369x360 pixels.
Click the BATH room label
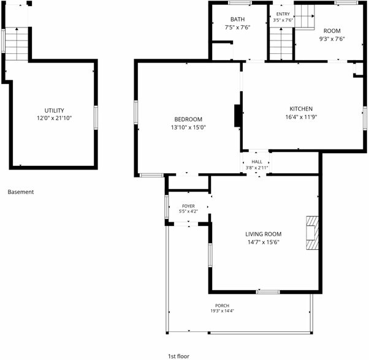(237, 19)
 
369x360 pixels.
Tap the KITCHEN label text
(301, 109)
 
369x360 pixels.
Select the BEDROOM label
(188, 119)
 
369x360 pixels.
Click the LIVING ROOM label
(264, 234)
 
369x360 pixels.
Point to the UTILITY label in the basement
(54, 110)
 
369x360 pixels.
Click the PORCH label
(222, 306)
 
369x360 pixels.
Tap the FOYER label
(188, 206)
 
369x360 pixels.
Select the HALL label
(257, 162)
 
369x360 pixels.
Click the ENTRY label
(283, 14)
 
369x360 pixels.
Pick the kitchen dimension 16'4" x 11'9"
(301, 117)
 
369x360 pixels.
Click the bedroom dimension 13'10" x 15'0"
(188, 127)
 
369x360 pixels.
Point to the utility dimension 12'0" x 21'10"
(54, 118)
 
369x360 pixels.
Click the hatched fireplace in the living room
(312, 233)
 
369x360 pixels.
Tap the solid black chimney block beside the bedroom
(237, 116)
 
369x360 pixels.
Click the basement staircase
(17, 43)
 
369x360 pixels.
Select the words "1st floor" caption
(178, 356)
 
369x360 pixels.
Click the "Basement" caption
(21, 192)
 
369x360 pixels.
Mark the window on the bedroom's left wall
(136, 112)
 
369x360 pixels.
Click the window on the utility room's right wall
(96, 118)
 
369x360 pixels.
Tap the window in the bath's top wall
(240, 3)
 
